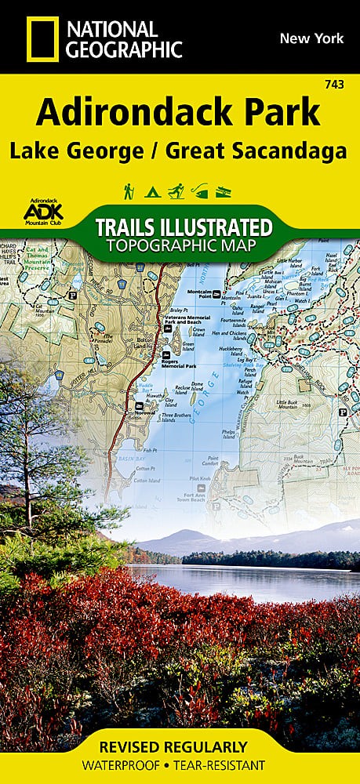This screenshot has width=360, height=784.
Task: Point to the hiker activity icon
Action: [x=127, y=191]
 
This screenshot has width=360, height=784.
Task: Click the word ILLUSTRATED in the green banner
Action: [x=222, y=228]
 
